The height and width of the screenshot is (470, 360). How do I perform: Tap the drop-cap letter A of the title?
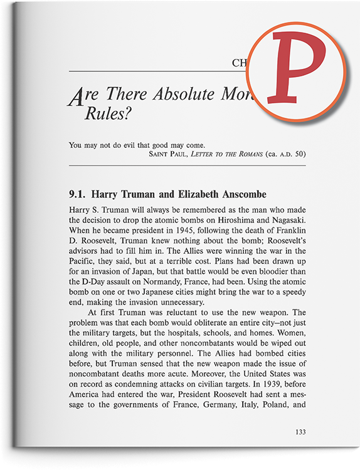[x=76, y=96]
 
